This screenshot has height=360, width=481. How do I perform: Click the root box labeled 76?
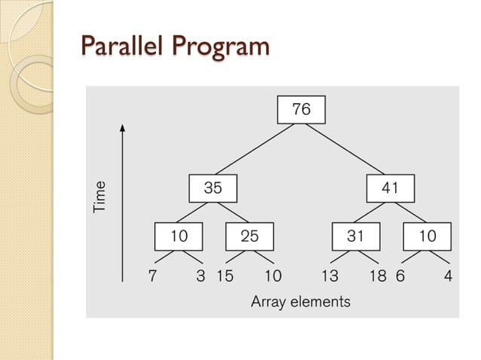(x=301, y=110)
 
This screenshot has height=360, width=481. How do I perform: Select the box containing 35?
(x=213, y=188)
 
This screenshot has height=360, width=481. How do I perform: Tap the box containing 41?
(x=390, y=188)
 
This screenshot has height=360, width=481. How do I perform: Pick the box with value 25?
(x=250, y=236)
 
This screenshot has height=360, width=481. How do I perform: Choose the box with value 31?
(x=355, y=236)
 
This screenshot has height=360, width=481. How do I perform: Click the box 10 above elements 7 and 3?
(x=179, y=236)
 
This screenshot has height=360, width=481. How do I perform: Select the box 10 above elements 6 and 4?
(x=427, y=236)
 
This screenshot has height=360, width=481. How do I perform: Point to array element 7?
(x=152, y=276)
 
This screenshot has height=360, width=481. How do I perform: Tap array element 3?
(x=201, y=276)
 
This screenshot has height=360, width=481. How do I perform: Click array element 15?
(x=225, y=276)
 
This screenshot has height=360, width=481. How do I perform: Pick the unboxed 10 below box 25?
(x=273, y=276)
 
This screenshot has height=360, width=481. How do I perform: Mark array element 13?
(x=329, y=276)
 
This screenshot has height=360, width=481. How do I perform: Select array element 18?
(x=378, y=276)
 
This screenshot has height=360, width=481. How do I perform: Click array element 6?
(x=400, y=276)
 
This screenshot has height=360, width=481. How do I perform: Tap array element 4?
(x=449, y=276)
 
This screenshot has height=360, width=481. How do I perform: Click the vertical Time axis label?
(x=100, y=196)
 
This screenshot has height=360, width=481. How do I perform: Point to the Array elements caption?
(x=300, y=302)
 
